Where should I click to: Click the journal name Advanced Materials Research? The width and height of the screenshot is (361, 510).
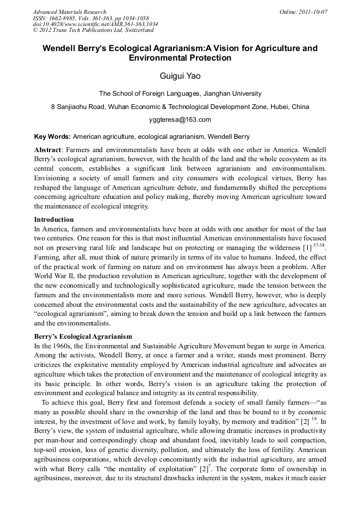69,12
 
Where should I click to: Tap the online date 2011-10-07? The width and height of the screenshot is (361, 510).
315,12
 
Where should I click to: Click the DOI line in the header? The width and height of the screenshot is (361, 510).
95,24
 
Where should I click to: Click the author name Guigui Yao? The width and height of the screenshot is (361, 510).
180,76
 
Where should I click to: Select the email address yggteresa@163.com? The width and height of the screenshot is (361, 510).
180,119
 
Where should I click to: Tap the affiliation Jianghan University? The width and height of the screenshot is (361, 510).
232,94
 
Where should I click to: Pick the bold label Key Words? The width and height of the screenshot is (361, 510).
52,136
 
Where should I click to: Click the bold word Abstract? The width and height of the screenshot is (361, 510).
48,150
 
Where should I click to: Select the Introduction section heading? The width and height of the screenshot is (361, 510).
54,219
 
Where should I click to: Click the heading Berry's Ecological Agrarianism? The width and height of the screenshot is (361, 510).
83,337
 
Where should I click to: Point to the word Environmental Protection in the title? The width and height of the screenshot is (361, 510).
180,58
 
